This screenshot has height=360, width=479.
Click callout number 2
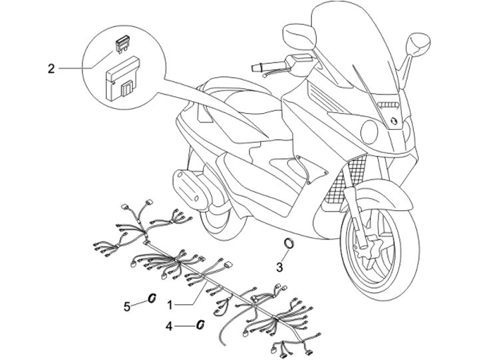51,68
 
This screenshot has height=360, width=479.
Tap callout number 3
280,268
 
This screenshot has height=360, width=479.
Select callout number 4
170,326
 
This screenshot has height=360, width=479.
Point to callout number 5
127,306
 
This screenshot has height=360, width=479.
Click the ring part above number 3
289,243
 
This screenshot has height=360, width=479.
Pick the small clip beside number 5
152,298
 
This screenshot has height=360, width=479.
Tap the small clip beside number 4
199,325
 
